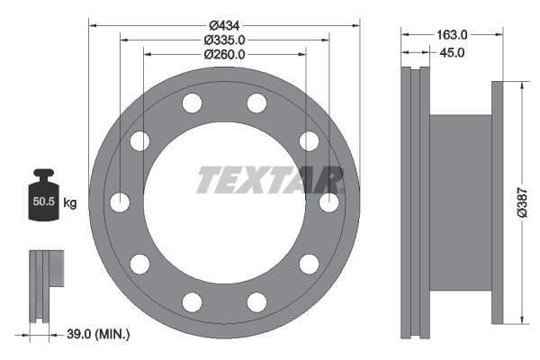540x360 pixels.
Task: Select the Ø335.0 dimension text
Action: [x=224, y=39]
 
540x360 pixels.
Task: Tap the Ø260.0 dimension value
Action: [x=224, y=54]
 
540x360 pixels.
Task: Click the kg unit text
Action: [x=70, y=203]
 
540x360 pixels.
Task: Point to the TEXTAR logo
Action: [x=269, y=180]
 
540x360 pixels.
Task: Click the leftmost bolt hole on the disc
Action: [x=120, y=202]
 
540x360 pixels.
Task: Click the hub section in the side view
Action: [x=461, y=202]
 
